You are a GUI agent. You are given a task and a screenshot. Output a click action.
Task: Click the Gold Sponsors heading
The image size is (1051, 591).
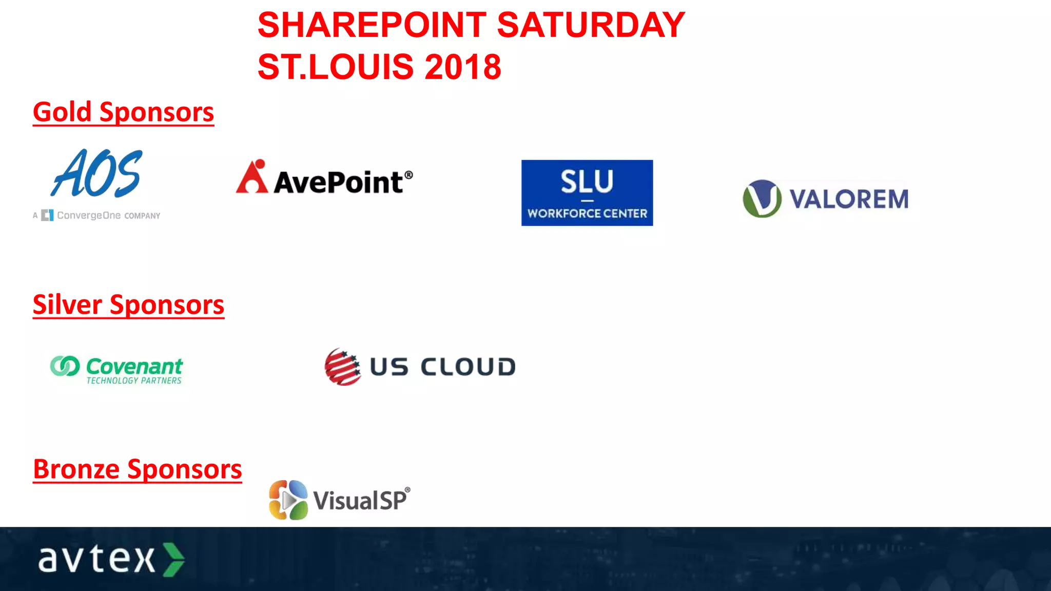tap(123, 112)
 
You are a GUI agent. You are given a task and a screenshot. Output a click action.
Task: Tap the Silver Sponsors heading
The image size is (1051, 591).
tap(128, 305)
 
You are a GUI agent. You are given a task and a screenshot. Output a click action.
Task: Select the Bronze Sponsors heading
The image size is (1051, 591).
tap(137, 469)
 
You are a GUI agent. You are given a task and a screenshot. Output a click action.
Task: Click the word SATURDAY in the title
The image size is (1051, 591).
tap(591, 25)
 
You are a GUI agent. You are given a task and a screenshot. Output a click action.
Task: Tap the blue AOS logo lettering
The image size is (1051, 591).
tap(97, 173)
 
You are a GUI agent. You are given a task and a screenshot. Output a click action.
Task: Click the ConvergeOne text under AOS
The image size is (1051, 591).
tap(89, 215)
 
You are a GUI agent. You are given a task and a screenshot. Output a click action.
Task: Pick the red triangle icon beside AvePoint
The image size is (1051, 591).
tap(252, 178)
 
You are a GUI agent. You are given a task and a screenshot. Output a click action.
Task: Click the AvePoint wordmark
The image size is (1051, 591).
tap(339, 182)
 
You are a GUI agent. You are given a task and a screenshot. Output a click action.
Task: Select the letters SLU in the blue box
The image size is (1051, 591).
tap(587, 182)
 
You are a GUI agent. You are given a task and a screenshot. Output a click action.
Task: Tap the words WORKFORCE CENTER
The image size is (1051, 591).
tap(587, 213)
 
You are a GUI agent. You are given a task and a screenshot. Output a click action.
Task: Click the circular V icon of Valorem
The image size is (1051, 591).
tap(762, 199)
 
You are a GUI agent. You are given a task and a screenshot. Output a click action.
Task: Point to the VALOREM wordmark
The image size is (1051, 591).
tap(849, 199)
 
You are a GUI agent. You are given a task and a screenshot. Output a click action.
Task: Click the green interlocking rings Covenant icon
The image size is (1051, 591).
tap(65, 366)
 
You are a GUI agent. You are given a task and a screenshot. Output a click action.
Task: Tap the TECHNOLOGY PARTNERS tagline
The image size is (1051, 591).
tap(134, 381)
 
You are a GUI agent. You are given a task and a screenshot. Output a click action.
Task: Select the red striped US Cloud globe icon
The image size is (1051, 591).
tap(342, 367)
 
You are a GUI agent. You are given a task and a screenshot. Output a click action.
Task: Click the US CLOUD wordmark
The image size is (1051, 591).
tap(442, 367)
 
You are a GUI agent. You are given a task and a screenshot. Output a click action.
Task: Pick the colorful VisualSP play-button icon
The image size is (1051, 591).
tap(288, 500)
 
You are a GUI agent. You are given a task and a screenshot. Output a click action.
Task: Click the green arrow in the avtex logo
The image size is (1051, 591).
tap(173, 559)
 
